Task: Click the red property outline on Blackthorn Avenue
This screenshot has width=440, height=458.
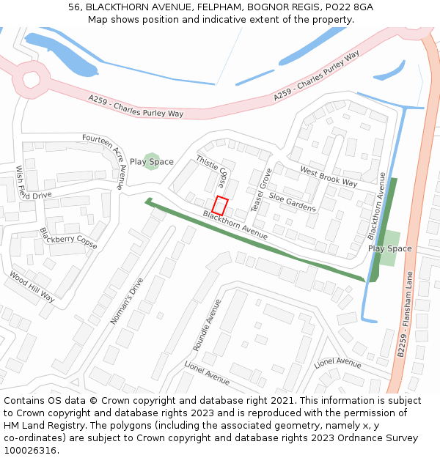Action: pos(220,205)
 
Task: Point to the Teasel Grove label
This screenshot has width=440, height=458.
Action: pos(262,190)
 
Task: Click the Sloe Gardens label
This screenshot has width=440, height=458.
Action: pos(292,202)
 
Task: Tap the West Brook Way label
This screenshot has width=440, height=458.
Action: pos(329,177)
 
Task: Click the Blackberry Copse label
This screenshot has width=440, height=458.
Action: pos(68,238)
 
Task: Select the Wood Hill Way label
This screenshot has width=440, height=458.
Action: pos(32,287)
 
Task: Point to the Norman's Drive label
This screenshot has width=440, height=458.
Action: pos(127,301)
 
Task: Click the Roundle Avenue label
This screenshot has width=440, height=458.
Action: pos(207,325)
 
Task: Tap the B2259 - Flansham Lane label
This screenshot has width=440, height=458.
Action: pos(406,314)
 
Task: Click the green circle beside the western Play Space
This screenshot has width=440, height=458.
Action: pos(151,162)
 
